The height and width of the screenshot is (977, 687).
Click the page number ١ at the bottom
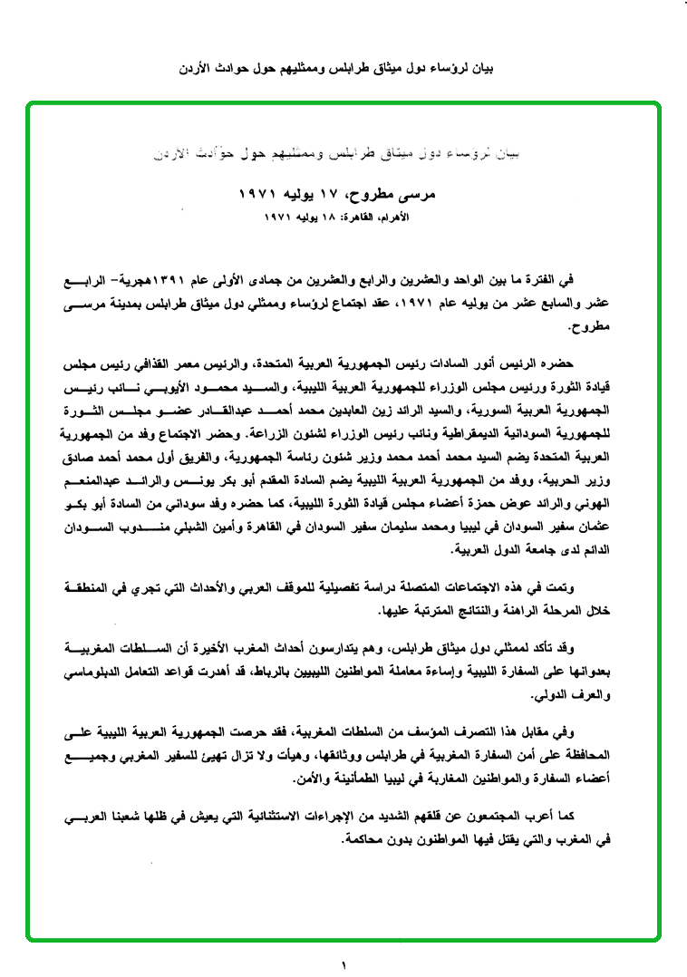pos(343,964)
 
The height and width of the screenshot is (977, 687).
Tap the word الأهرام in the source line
pos(394,218)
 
